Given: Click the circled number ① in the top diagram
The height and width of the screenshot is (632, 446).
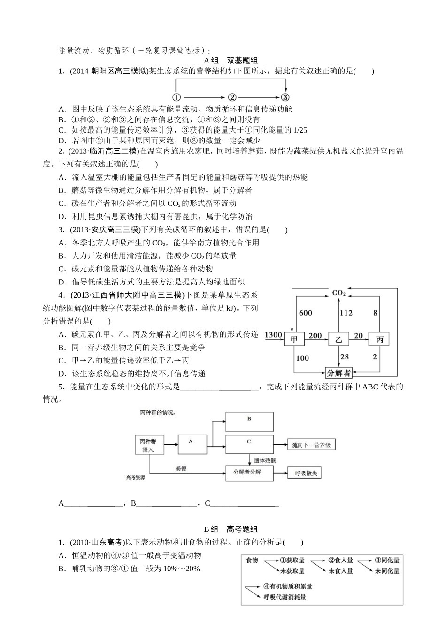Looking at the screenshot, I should click(x=176, y=98).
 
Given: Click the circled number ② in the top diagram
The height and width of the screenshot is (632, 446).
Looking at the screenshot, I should click(x=231, y=98).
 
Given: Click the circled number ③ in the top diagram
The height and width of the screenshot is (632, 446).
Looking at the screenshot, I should click(x=285, y=98).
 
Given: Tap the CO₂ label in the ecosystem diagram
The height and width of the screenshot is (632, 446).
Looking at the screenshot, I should click(x=338, y=293).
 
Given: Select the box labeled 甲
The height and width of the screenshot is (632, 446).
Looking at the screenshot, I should click(x=294, y=339).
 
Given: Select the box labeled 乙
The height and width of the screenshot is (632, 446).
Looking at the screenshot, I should click(x=338, y=339).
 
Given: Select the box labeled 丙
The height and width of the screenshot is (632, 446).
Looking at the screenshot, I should click(x=380, y=339).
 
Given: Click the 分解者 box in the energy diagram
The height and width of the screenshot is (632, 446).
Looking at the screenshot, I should click(x=339, y=373).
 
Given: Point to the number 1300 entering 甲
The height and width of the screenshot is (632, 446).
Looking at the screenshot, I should click(x=273, y=335).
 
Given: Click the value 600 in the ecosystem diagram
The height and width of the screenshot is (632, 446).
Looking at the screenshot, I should click(x=305, y=313).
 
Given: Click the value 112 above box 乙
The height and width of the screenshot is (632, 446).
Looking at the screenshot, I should click(x=346, y=313).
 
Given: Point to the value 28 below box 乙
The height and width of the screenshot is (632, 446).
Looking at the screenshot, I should click(x=345, y=356).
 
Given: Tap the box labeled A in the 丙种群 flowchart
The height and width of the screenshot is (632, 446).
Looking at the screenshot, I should click(x=191, y=444).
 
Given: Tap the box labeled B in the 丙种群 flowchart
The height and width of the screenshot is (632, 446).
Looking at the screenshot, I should click(x=249, y=421).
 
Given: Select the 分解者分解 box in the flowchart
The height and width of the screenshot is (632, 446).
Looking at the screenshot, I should click(x=249, y=473).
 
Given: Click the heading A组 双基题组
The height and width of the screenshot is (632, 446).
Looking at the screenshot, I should click(x=231, y=61).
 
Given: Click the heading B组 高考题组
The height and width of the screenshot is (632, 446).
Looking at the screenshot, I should click(x=231, y=529).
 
